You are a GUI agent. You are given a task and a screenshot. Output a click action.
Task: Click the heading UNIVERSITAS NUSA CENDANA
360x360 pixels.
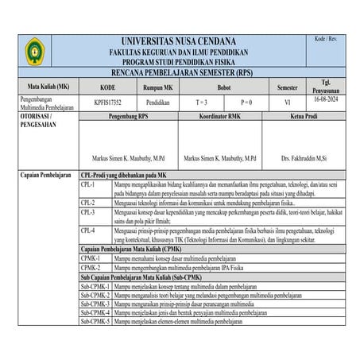pyautogui.click(x=179, y=41)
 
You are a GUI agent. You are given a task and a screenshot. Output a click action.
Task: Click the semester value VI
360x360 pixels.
pyautogui.click(x=287, y=103)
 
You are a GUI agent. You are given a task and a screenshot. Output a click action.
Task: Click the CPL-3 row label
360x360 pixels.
pyautogui.click(x=88, y=212)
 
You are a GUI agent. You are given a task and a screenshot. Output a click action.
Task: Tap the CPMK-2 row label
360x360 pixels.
pyautogui.click(x=91, y=268)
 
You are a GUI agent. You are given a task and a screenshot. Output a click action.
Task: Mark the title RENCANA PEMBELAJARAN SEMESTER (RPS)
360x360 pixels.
pyautogui.click(x=179, y=72)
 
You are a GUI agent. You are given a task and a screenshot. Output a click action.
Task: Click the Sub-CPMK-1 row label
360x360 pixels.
pyautogui.click(x=95, y=285)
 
